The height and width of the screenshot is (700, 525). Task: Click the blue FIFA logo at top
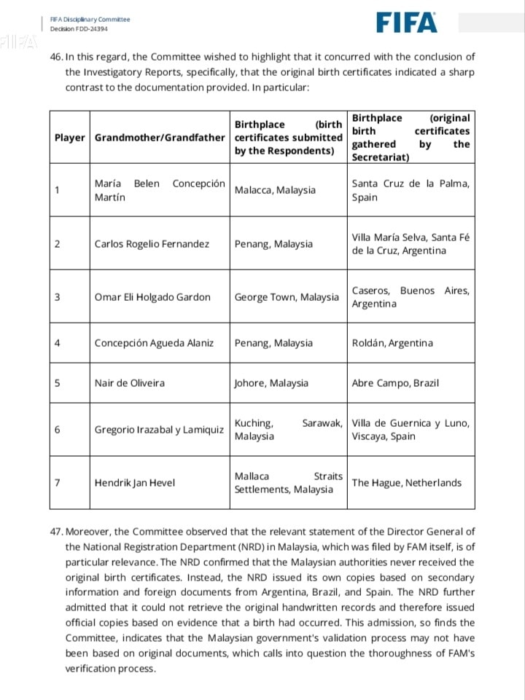(408, 23)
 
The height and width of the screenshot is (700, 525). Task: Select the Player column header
(69, 138)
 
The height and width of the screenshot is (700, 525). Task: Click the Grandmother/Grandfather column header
(160, 138)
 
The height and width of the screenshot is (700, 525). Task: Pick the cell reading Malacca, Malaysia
(275, 190)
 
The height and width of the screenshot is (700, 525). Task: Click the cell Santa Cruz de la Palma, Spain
(411, 190)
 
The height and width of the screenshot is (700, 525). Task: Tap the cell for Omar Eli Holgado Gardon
(152, 297)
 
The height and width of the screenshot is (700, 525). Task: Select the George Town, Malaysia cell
(287, 297)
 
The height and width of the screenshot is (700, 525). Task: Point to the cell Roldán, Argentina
(392, 343)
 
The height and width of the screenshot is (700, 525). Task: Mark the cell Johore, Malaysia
(271, 383)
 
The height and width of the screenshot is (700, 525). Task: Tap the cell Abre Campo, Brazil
(395, 383)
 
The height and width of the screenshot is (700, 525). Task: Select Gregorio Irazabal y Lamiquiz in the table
(159, 430)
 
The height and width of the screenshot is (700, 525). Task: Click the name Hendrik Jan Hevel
(136, 482)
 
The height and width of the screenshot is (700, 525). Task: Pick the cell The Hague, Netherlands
(406, 482)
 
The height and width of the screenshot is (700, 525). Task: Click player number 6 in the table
(57, 430)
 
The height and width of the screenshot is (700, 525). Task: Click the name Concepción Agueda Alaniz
(154, 343)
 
